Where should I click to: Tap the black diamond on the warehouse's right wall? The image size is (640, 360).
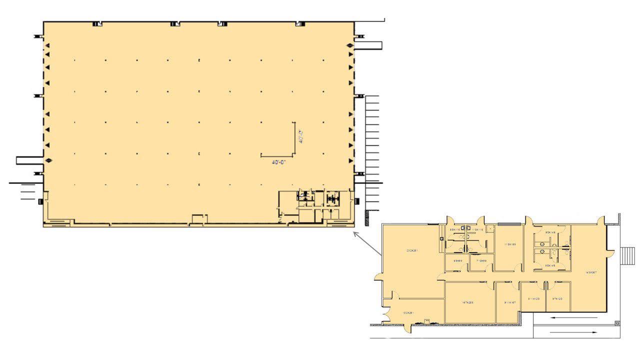pyautogui.click(x=350, y=46)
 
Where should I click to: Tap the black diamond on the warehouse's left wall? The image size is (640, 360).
pyautogui.click(x=48, y=160)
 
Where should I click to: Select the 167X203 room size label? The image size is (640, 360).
pyautogui.click(x=468, y=302)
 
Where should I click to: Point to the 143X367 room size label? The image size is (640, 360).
pyautogui.click(x=590, y=272)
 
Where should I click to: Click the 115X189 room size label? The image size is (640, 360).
pyautogui.click(x=509, y=244)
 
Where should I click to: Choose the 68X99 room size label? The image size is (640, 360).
pyautogui.click(x=457, y=261)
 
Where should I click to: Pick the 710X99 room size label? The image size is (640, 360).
pyautogui.click(x=481, y=261)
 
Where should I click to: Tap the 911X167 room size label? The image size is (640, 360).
pyautogui.click(x=509, y=302)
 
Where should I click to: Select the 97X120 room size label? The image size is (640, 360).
pyautogui.click(x=557, y=298)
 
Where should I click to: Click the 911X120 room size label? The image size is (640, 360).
pyautogui.click(x=533, y=298)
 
